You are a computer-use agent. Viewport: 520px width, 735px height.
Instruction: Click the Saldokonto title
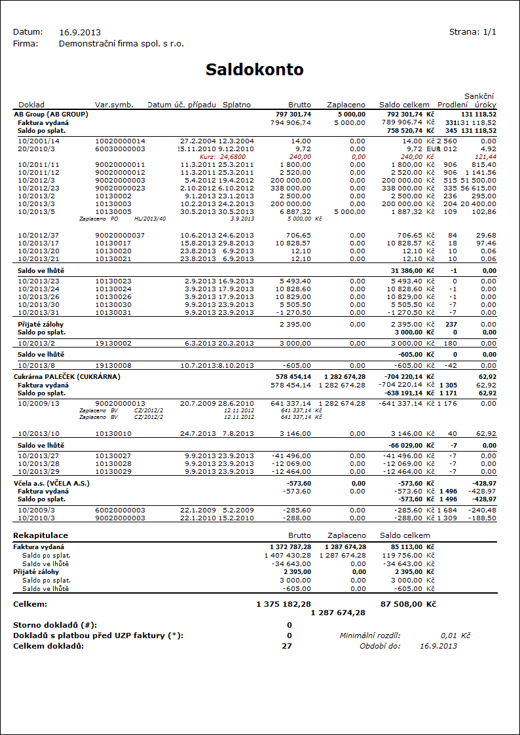(254, 69)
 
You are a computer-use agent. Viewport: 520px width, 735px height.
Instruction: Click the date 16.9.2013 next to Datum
(80, 32)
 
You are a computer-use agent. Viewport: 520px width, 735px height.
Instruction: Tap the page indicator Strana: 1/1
(473, 32)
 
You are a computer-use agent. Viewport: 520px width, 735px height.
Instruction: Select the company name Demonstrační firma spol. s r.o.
(121, 44)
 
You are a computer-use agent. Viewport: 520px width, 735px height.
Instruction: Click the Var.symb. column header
(114, 105)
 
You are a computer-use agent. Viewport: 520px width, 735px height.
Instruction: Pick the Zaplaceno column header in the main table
(346, 105)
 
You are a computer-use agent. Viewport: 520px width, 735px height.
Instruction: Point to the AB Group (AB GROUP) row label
(51, 114)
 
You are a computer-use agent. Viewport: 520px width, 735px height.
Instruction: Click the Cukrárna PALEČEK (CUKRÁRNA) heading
(67, 377)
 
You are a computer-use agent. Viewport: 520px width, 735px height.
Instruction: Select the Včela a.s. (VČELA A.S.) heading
(51, 483)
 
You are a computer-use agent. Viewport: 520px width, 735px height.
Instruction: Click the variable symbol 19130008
(113, 365)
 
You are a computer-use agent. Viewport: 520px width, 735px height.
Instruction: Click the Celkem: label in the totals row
(29, 604)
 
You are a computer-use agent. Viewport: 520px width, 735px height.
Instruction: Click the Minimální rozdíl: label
(370, 636)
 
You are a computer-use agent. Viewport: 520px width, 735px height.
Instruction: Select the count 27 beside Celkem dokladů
(287, 646)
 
